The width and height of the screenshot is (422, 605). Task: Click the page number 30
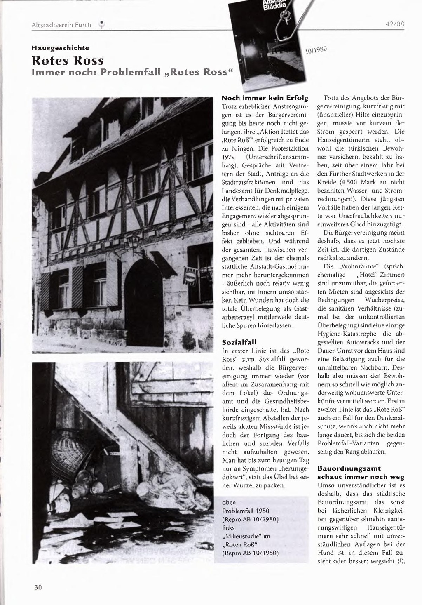(x=38, y=587)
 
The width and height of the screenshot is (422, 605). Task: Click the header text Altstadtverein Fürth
(x=61, y=25)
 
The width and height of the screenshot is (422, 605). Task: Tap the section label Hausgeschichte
(x=60, y=48)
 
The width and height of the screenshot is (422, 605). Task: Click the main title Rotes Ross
(x=68, y=61)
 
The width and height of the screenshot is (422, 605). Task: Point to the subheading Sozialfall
(x=239, y=342)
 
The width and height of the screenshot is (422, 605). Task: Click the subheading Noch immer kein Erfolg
(x=265, y=98)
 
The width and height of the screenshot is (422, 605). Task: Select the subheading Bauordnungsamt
(x=349, y=468)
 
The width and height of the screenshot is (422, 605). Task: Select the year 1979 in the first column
(x=228, y=157)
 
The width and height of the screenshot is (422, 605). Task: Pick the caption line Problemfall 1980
(x=245, y=511)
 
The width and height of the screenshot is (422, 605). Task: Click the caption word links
(x=228, y=527)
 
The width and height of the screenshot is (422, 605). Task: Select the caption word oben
(x=229, y=502)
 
